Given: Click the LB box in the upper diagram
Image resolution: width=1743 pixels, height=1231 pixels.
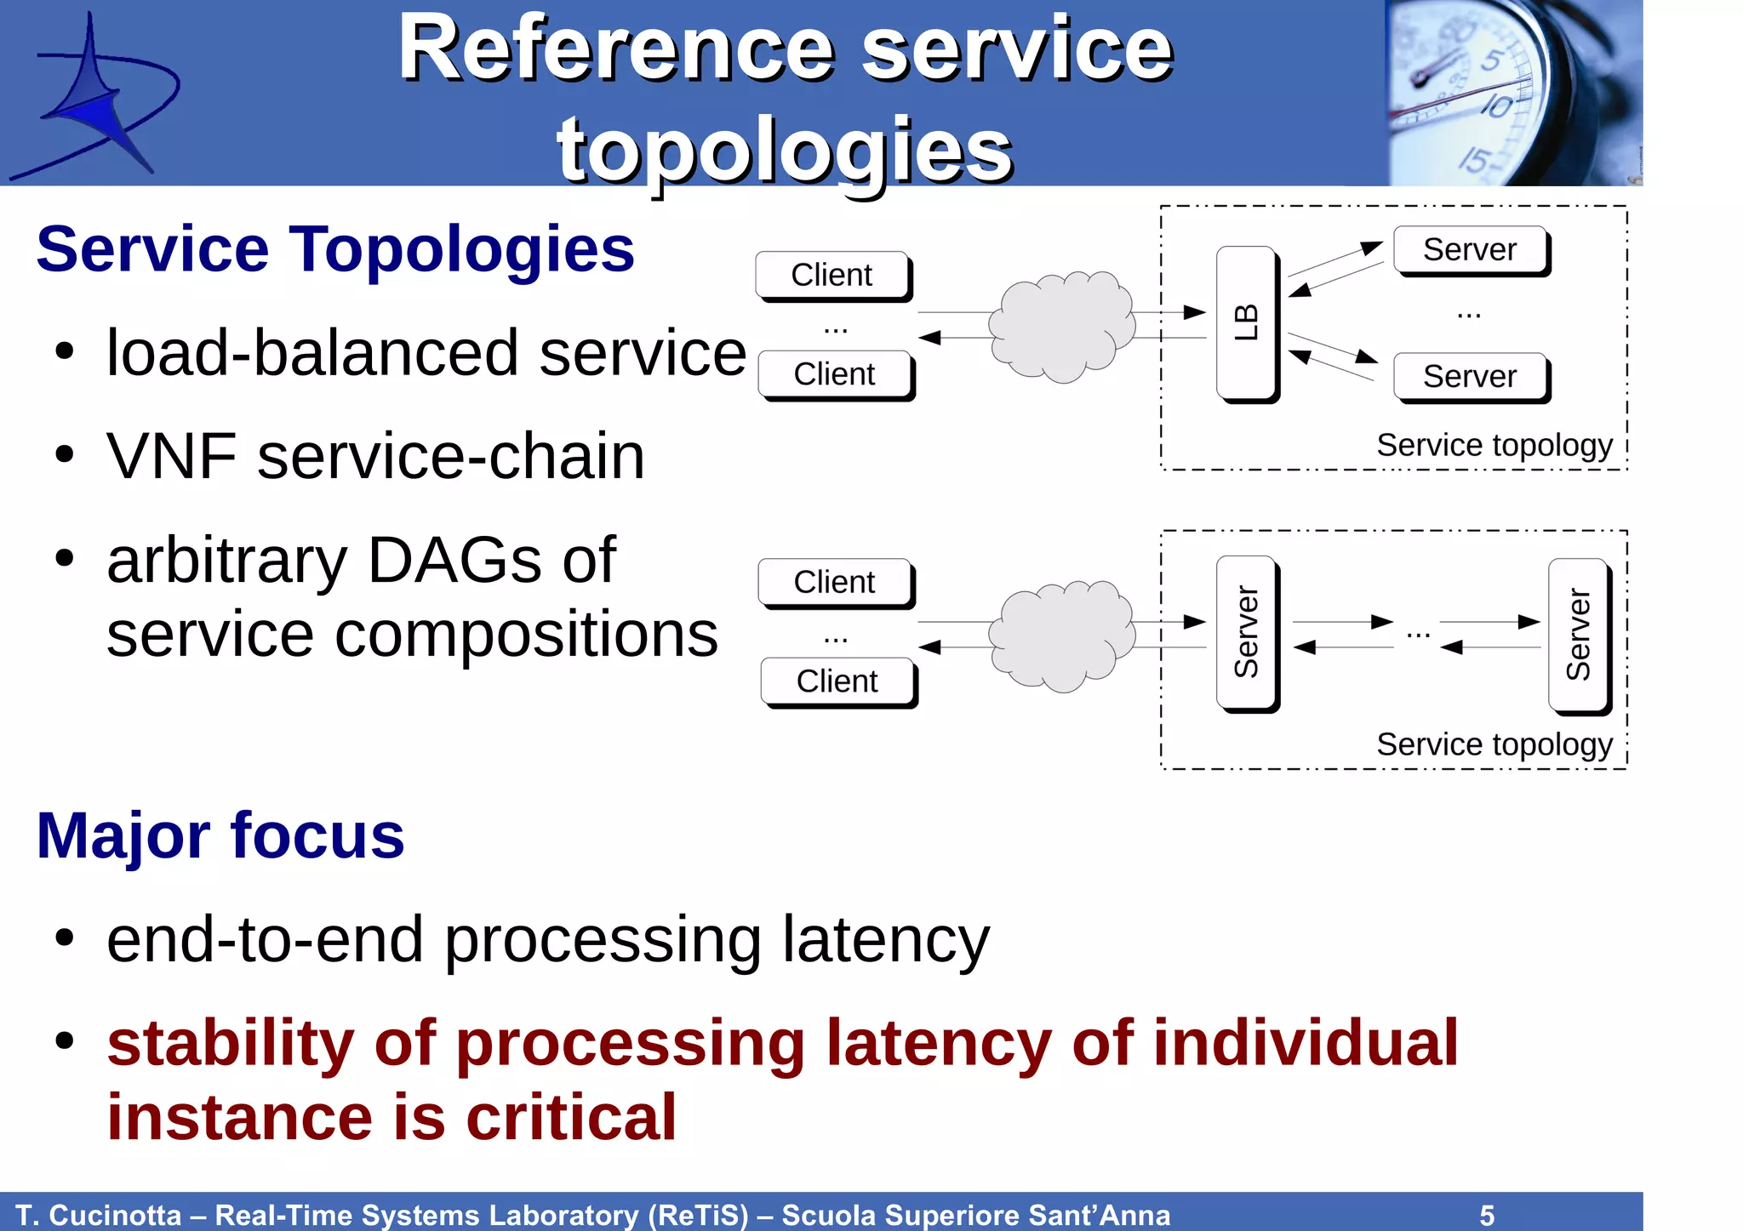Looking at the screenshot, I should (1246, 323).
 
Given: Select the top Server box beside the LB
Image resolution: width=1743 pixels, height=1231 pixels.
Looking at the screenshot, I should (1470, 250).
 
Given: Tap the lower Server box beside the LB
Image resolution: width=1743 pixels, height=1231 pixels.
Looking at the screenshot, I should (1470, 377).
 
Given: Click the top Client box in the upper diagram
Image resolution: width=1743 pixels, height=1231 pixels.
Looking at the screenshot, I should (831, 275).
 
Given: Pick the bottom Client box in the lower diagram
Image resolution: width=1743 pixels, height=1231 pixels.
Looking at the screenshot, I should (837, 681).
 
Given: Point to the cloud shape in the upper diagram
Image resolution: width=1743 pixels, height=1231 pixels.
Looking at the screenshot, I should (1061, 326).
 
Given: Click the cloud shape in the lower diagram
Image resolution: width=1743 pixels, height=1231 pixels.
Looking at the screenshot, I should (1061, 635).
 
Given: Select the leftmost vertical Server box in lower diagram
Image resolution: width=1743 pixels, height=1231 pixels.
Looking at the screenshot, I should (1246, 633).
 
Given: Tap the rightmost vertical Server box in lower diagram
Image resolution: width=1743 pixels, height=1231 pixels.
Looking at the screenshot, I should (1578, 635).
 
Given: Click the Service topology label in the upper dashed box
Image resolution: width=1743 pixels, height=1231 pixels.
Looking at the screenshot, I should (1494, 445).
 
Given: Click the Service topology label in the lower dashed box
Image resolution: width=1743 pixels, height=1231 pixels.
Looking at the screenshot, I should (1494, 744).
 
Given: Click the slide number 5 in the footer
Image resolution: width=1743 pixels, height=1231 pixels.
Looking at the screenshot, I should (1487, 1215).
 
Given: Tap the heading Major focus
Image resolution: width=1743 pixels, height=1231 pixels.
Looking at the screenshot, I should (220, 836).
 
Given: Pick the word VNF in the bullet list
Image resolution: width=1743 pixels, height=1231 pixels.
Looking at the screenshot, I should (171, 457).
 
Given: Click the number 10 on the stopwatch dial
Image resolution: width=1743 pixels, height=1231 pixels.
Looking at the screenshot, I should (1496, 106).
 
